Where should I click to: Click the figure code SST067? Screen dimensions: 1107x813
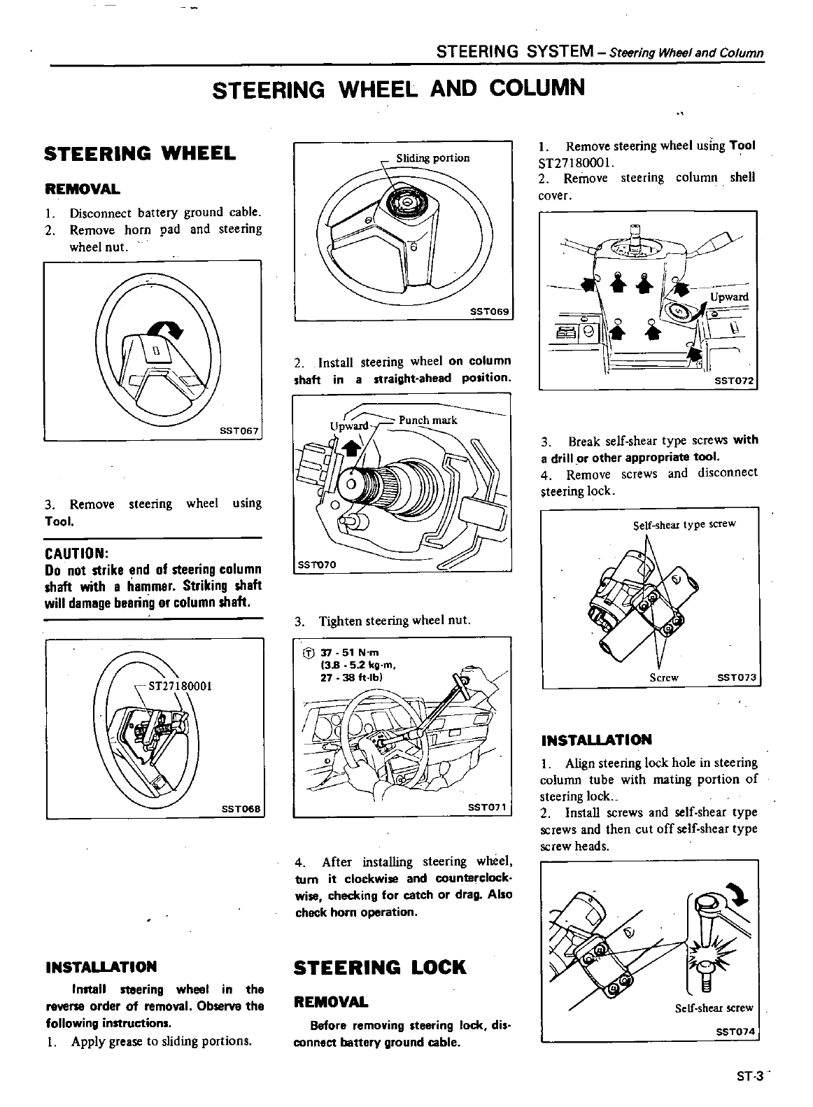pyautogui.click(x=240, y=432)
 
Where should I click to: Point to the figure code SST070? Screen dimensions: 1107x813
pyautogui.click(x=318, y=564)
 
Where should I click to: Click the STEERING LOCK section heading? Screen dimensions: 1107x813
pyautogui.click(x=380, y=968)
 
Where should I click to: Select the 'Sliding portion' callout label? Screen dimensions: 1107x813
pyautogui.click(x=433, y=158)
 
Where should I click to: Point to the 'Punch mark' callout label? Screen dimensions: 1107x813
pyautogui.click(x=427, y=420)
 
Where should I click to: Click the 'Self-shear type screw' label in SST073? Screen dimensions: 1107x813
pyautogui.click(x=684, y=524)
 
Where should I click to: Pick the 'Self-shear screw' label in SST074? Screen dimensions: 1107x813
pyautogui.click(x=714, y=1008)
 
